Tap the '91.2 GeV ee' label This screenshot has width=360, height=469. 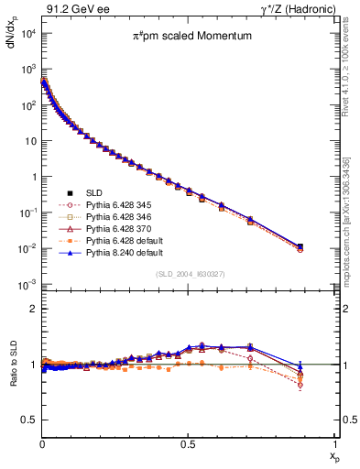click(x=71, y=9)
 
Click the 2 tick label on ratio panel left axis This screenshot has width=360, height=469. click(x=33, y=309)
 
